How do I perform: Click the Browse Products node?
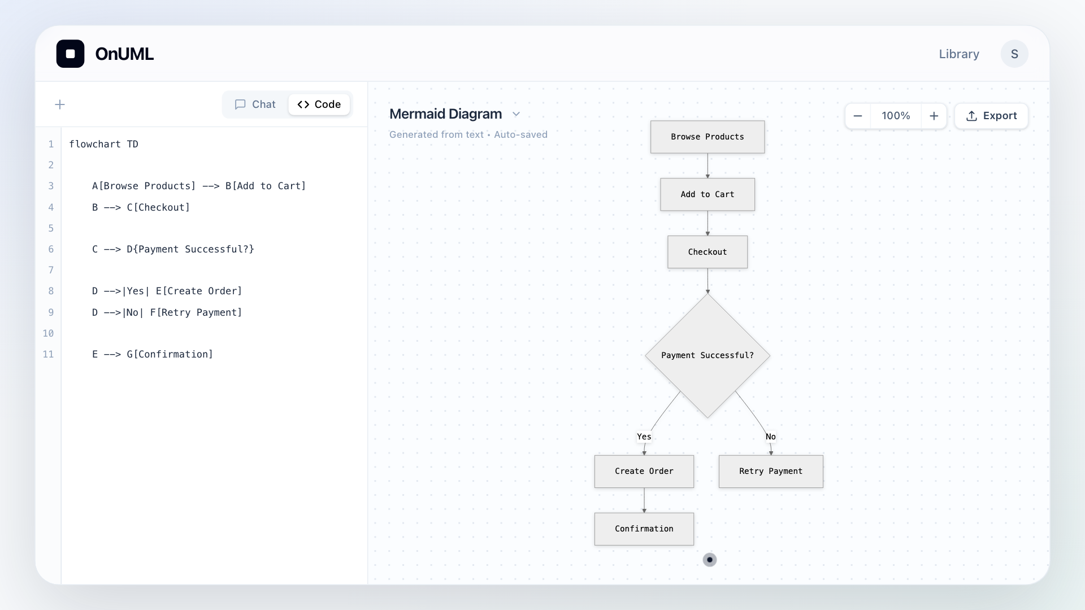tap(708, 137)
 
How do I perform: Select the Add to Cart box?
tap(708, 194)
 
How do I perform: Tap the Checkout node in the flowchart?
tap(708, 252)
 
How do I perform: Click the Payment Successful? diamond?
tap(708, 355)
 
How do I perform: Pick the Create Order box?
tap(644, 471)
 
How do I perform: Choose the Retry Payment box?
tap(771, 471)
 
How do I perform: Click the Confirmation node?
tap(644, 529)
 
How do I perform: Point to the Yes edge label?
tap(644, 437)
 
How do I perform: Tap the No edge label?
tap(771, 437)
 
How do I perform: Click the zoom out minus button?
tap(858, 116)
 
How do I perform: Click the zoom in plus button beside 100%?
tap(934, 116)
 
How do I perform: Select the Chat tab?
tap(255, 104)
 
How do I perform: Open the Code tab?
tap(319, 104)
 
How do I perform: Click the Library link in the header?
tap(959, 54)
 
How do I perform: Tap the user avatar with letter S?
tap(1014, 54)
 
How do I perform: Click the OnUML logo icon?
tap(71, 54)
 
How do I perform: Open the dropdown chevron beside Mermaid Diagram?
tap(516, 114)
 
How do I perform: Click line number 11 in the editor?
tap(48, 354)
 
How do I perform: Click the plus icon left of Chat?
tap(60, 104)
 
